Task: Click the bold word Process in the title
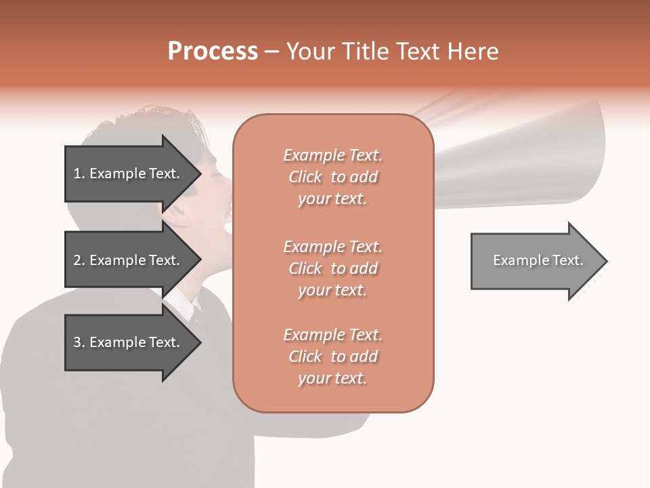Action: coord(213,52)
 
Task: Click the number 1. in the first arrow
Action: coord(79,174)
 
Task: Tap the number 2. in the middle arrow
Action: coord(79,260)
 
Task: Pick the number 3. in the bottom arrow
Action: coord(79,342)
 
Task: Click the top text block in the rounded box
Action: coord(332,177)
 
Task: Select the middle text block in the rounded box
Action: coord(332,268)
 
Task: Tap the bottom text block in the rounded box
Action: coord(332,357)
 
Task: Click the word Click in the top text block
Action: coord(305,177)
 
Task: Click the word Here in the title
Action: coord(475,52)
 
